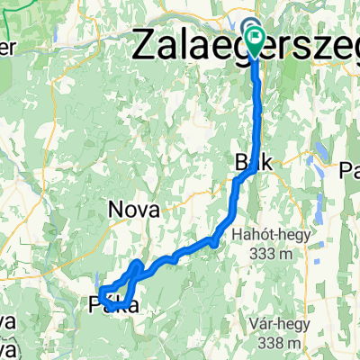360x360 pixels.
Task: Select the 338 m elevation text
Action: [277, 342]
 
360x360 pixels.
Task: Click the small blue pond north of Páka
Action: [96, 280]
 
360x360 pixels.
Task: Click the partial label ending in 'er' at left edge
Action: [7, 47]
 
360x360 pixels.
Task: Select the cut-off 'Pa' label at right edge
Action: [348, 169]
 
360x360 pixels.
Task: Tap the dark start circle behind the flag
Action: [248, 27]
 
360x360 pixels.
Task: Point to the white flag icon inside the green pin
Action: [257, 38]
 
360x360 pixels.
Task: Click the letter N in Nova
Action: [115, 210]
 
